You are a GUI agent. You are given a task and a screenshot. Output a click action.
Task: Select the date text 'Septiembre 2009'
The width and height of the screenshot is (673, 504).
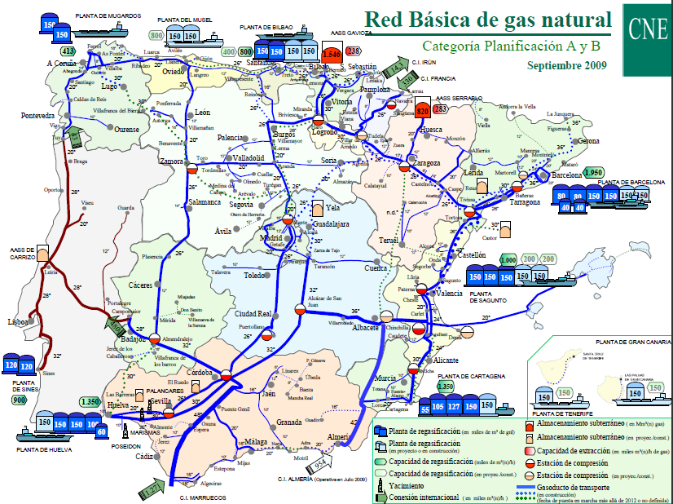tap(567, 64)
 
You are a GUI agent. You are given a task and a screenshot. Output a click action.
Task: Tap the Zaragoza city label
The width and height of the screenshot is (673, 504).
tap(426, 162)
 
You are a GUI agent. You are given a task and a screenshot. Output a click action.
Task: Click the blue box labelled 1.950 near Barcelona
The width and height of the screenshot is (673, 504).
tap(593, 173)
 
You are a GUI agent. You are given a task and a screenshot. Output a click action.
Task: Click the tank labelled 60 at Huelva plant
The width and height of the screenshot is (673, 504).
tap(101, 431)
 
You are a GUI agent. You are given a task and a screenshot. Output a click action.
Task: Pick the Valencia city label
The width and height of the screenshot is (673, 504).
tap(450, 294)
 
